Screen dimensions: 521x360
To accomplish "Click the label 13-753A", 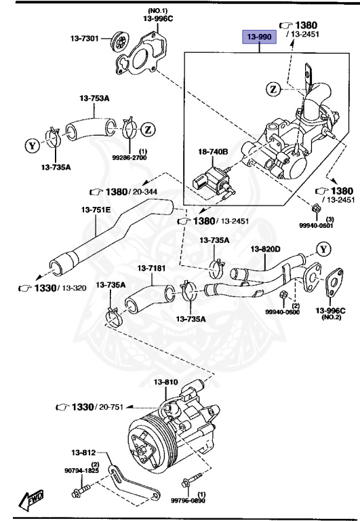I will pyautogui.click(x=95, y=99).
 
